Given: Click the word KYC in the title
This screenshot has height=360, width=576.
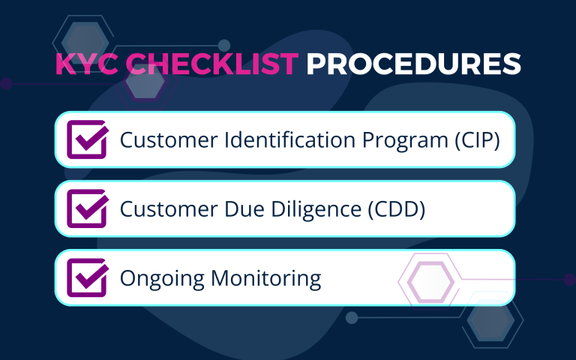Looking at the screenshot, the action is click(x=87, y=64).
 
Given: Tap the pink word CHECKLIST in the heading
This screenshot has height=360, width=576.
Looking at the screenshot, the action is click(x=212, y=64).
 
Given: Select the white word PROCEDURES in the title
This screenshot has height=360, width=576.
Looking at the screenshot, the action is click(x=414, y=64).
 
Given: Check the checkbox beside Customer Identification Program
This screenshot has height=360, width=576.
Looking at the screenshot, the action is click(x=88, y=139).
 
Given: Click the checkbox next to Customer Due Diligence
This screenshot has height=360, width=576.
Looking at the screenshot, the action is click(x=88, y=208).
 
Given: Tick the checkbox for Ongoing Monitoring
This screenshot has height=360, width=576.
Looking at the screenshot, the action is click(x=88, y=277).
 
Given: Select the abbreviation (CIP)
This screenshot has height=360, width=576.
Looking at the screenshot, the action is click(x=478, y=140).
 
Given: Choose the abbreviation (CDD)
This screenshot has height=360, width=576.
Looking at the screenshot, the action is click(x=397, y=209).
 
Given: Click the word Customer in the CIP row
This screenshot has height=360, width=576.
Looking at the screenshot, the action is click(x=169, y=140).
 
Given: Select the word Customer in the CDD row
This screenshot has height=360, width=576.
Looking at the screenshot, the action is click(x=169, y=209).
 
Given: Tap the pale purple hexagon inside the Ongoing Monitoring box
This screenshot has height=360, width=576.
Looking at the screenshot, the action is click(x=431, y=282).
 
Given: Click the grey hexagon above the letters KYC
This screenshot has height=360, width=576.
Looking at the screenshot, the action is click(x=85, y=40).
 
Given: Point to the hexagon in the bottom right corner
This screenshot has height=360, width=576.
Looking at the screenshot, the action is click(x=493, y=320).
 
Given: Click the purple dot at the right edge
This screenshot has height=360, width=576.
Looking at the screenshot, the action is click(x=570, y=280).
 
